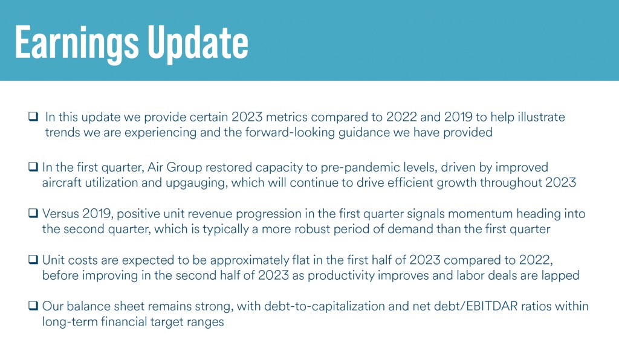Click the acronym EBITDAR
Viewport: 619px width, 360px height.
coord(491,306)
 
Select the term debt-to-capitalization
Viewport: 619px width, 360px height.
coord(325,307)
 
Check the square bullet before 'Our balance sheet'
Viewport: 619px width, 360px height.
coord(33,306)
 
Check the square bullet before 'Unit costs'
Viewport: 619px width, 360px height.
coord(33,260)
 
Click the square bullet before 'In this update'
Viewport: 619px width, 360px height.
coord(33,117)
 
